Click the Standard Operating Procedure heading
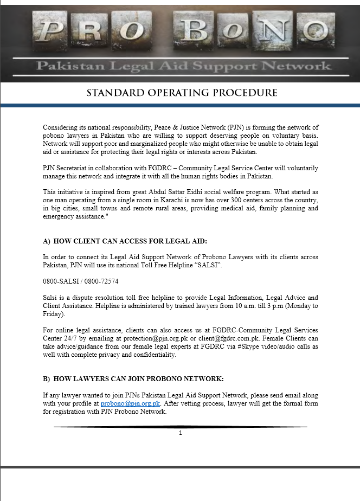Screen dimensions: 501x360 [x=182, y=93]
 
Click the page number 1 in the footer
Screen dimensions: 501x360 [x=181, y=433]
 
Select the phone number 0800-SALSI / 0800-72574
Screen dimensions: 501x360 [x=81, y=281]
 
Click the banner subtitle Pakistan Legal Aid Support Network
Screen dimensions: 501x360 [x=183, y=66]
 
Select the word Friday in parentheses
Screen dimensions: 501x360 [x=53, y=314]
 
